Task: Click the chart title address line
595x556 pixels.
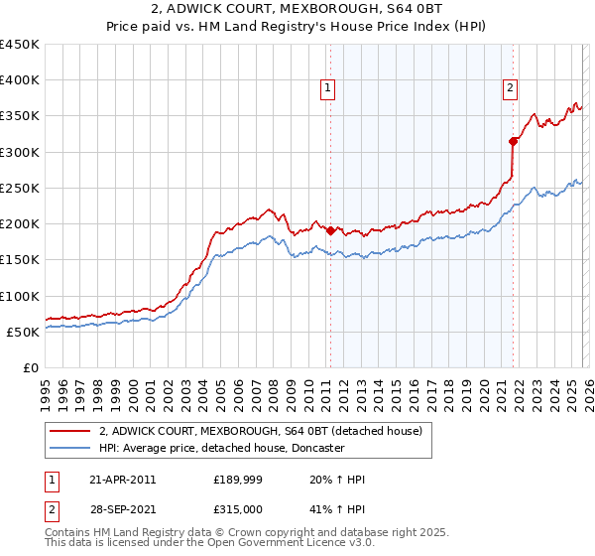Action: [297, 10]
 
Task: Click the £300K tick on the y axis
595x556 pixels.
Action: [20, 152]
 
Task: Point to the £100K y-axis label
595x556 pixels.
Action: [20, 296]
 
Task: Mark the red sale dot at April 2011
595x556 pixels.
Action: [330, 230]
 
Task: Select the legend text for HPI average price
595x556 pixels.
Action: [221, 448]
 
